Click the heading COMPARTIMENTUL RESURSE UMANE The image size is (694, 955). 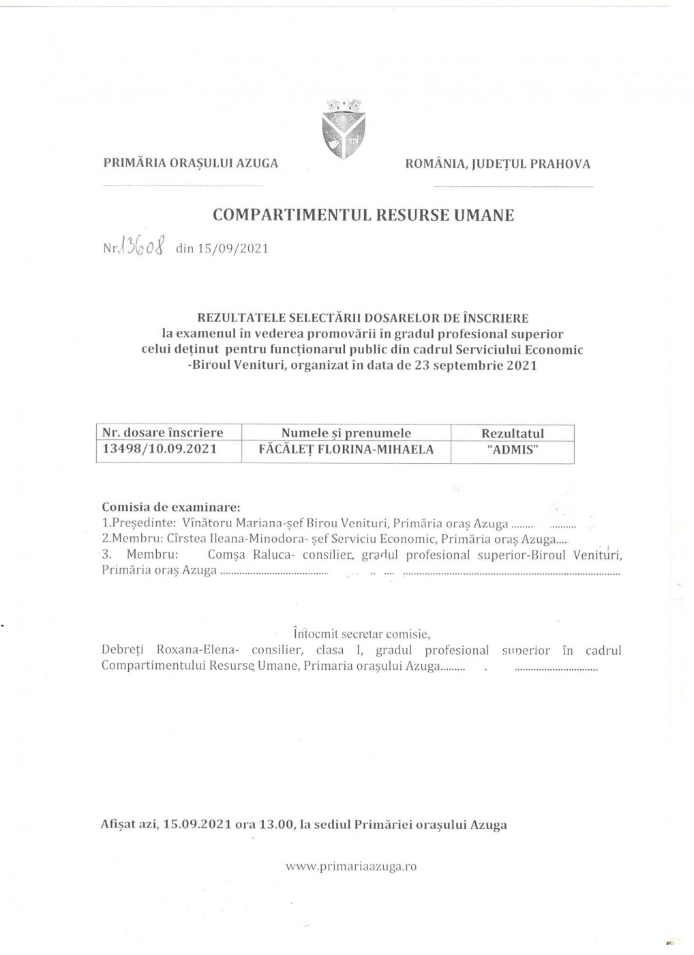(363, 216)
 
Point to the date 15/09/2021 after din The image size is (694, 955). (232, 248)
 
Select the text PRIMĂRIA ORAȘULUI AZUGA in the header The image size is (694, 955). (191, 164)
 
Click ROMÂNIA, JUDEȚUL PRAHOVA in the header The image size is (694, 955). (498, 164)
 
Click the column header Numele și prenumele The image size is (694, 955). (346, 433)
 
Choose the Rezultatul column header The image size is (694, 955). (513, 433)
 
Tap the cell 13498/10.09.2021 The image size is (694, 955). (160, 450)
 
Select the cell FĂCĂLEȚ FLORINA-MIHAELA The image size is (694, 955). (347, 450)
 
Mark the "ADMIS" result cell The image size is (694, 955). (512, 450)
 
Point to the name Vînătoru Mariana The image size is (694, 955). (222, 524)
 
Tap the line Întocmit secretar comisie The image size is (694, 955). (361, 634)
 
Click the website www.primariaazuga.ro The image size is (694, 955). (351, 867)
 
